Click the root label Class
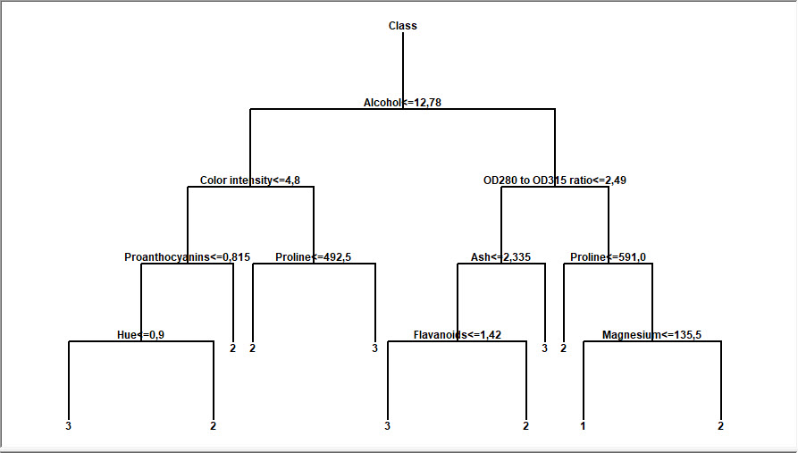pos(402,26)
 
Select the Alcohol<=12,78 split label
pos(402,103)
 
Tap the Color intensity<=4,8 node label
pos(250,180)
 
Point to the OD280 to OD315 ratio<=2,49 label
pos(554,180)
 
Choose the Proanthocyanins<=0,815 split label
pos(187,257)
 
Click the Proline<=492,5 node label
pos(313,257)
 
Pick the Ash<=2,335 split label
pos(500,257)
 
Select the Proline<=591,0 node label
pos(608,257)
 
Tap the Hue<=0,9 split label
pos(140,335)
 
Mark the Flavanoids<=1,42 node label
pos(457,335)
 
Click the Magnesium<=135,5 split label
pos(651,335)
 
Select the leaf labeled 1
pos(583,426)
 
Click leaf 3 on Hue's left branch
pos(68,426)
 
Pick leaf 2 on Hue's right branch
pos(213,426)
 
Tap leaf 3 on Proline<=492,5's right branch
pos(374,348)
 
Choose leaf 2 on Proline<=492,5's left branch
pos(252,348)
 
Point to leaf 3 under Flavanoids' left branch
pos(387,426)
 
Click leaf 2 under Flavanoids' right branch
pos(525,426)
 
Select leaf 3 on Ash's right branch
pos(544,348)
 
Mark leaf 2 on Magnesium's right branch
pos(720,426)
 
